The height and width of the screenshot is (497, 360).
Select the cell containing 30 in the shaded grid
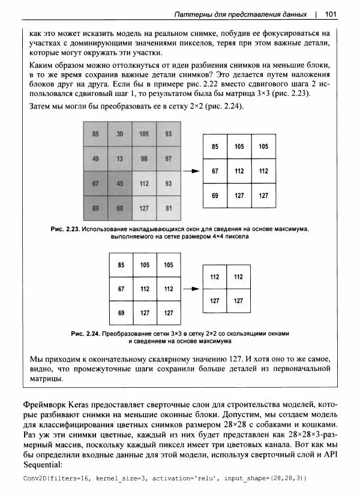(x=119, y=134)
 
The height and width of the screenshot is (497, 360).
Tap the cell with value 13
(x=119, y=158)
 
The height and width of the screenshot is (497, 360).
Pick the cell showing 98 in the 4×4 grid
(x=144, y=158)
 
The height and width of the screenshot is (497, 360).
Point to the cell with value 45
(x=119, y=183)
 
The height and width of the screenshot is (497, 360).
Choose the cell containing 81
(x=169, y=208)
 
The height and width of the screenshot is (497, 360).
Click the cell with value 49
(x=95, y=158)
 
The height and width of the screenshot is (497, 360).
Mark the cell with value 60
(x=119, y=208)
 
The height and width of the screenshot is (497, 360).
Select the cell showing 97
(x=169, y=158)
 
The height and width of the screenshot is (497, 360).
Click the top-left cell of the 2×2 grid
(x=215, y=277)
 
